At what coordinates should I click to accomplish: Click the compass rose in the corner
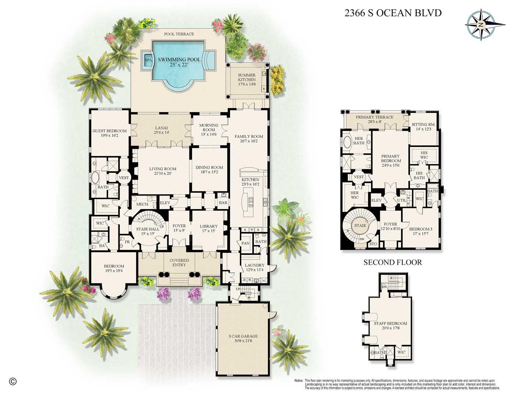[480, 24]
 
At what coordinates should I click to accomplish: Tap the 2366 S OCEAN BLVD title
[393, 13]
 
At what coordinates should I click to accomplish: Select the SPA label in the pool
[148, 60]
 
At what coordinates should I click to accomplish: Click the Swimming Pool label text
[179, 60]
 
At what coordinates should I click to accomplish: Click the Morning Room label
[208, 128]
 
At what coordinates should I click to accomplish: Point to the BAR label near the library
[223, 203]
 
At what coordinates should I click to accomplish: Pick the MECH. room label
[142, 204]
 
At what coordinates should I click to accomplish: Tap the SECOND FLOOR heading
[392, 262]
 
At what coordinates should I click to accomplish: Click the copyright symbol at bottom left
[13, 381]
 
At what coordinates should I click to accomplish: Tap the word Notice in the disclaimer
[299, 380]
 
